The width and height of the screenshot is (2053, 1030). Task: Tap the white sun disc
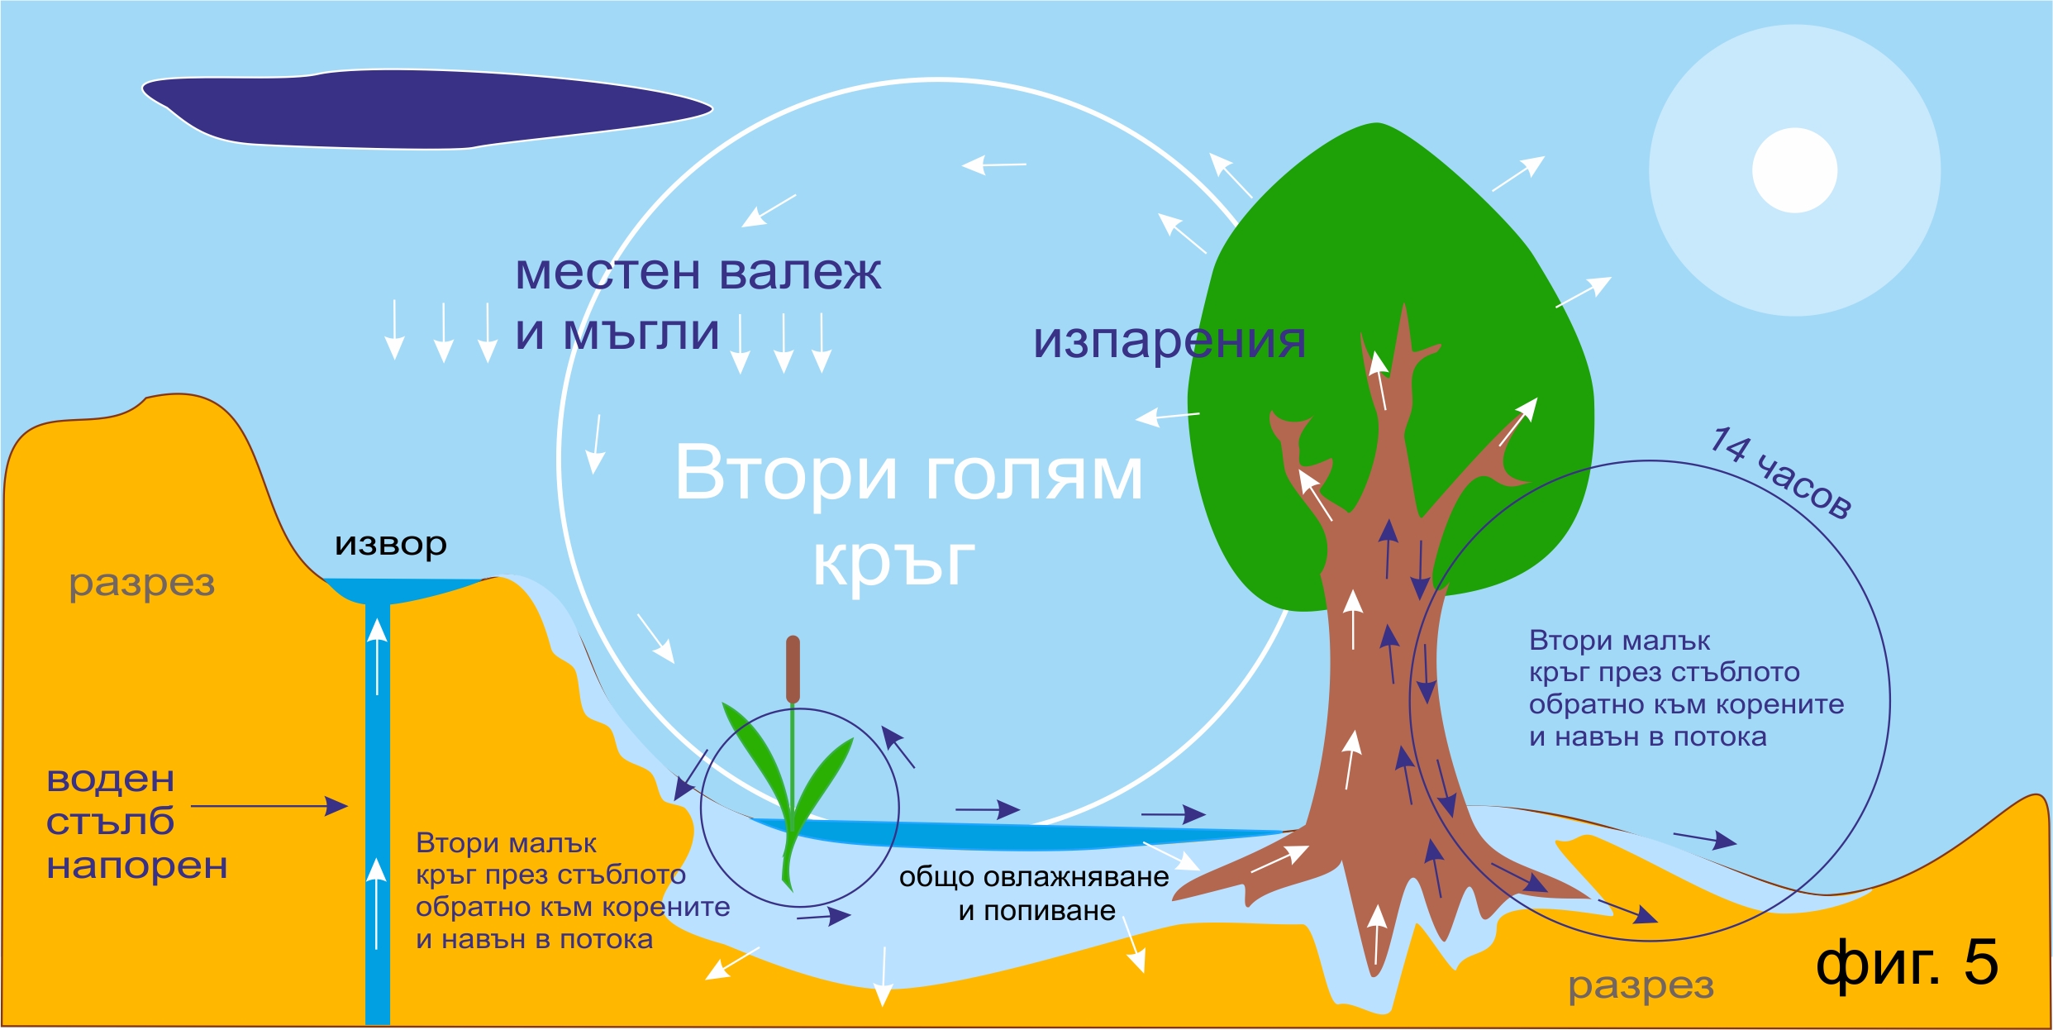(1794, 170)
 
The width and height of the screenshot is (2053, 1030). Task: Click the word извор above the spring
(391, 544)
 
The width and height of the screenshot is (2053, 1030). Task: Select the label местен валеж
(698, 272)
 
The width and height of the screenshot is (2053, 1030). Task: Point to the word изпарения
(1169, 341)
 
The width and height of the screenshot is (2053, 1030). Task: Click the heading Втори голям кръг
(908, 516)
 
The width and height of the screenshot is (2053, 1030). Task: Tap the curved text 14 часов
(1781, 473)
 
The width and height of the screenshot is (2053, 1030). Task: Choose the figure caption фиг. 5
(1907, 963)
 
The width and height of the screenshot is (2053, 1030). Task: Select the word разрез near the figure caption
(1641, 986)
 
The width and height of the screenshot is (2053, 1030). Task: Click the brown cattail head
(793, 669)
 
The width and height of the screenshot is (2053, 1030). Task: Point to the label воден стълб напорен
(136, 823)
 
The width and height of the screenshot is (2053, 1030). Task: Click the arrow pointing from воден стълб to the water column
(269, 805)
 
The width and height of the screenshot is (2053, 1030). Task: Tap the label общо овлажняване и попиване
(1034, 894)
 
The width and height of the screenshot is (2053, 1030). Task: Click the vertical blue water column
(378, 814)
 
